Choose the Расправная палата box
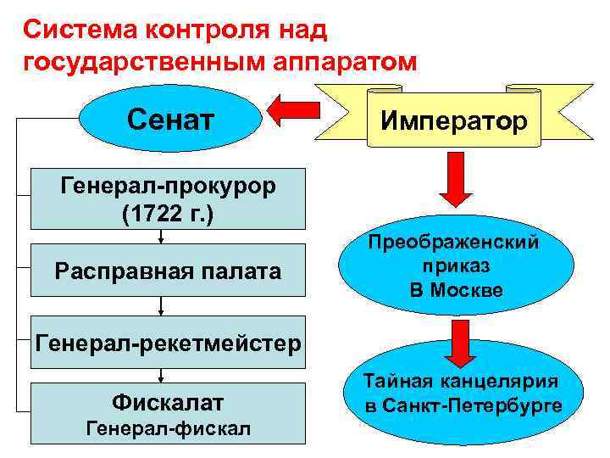tap(167, 271)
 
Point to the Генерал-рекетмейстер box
tap(167, 343)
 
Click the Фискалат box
tap(167, 411)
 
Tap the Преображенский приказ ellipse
tap(452, 266)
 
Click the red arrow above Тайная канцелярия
tap(460, 341)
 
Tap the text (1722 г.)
tap(167, 211)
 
